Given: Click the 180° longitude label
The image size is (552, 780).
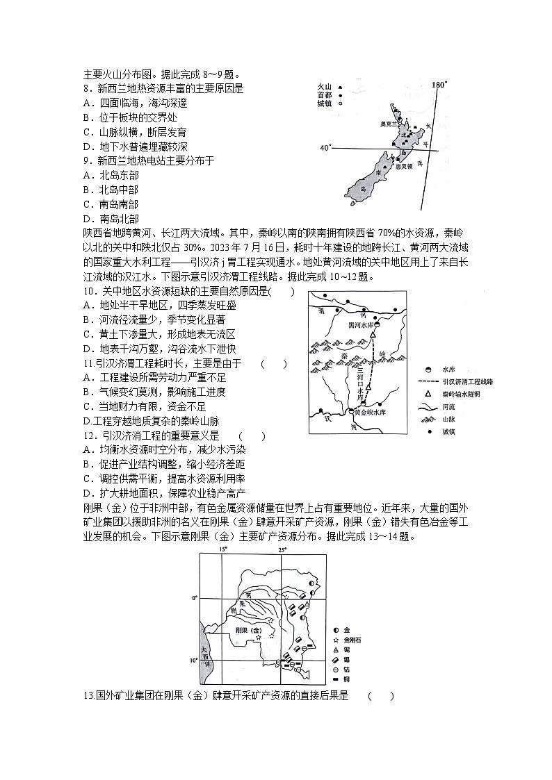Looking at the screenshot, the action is pyautogui.click(x=439, y=85).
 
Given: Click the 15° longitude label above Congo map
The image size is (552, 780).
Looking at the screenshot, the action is pyautogui.click(x=223, y=550).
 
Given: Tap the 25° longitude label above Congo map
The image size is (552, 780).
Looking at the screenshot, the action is pyautogui.click(x=283, y=550).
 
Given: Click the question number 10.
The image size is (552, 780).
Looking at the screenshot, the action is pyautogui.click(x=88, y=292).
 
